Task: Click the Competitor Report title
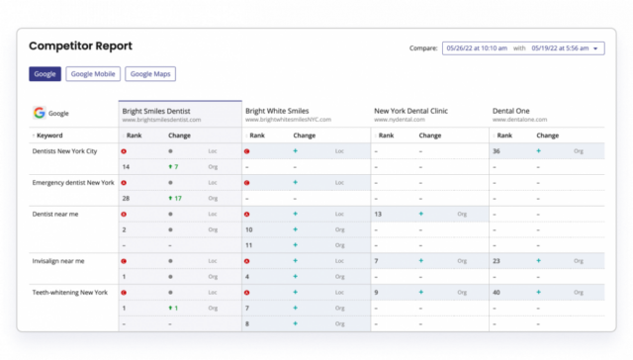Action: [x=80, y=46]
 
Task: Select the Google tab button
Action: [x=45, y=73]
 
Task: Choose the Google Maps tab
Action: [x=150, y=73]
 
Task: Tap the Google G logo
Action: [x=39, y=114]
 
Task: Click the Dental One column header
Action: [x=514, y=111]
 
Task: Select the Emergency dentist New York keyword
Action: [x=73, y=183]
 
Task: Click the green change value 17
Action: [x=177, y=199]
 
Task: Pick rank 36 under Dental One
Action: [x=497, y=151]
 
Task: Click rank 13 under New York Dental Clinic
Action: [x=378, y=214]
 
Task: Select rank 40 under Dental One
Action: [x=497, y=293]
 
